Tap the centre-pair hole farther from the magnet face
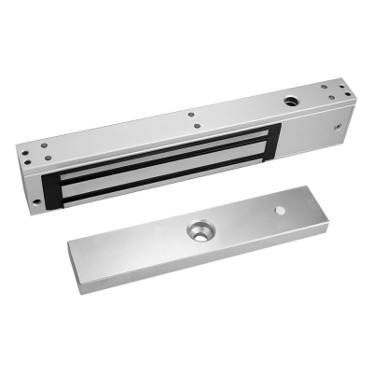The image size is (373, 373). tap(192, 116)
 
